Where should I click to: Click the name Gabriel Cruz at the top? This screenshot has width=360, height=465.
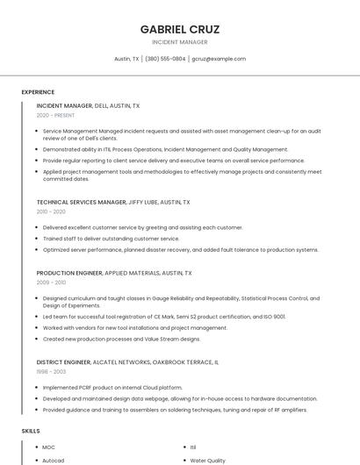[180, 29]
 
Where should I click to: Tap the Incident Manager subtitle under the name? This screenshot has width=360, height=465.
[180, 42]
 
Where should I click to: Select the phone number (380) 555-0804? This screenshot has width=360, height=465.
[165, 59]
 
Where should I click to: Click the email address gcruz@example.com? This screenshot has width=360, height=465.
[219, 59]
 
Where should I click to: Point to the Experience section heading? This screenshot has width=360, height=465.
[38, 92]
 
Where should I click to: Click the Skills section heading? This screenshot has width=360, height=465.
[31, 431]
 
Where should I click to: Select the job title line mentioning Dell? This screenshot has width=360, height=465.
[88, 105]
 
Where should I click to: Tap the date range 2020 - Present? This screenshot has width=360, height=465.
[55, 115]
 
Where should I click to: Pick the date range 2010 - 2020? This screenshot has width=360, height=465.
[51, 211]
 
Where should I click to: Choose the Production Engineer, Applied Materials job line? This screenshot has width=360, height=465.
[114, 273]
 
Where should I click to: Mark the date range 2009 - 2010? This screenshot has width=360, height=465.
[51, 283]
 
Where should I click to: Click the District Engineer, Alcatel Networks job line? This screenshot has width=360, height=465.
[127, 361]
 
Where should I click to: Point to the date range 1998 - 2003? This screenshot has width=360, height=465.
[51, 371]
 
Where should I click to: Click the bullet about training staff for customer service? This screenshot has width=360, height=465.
[111, 239]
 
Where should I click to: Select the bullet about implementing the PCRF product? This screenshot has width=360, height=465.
[112, 387]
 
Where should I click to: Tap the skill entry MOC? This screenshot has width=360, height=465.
[49, 447]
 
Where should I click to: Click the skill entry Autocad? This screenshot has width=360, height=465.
[54, 461]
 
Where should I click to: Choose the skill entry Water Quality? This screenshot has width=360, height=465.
[208, 461]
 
